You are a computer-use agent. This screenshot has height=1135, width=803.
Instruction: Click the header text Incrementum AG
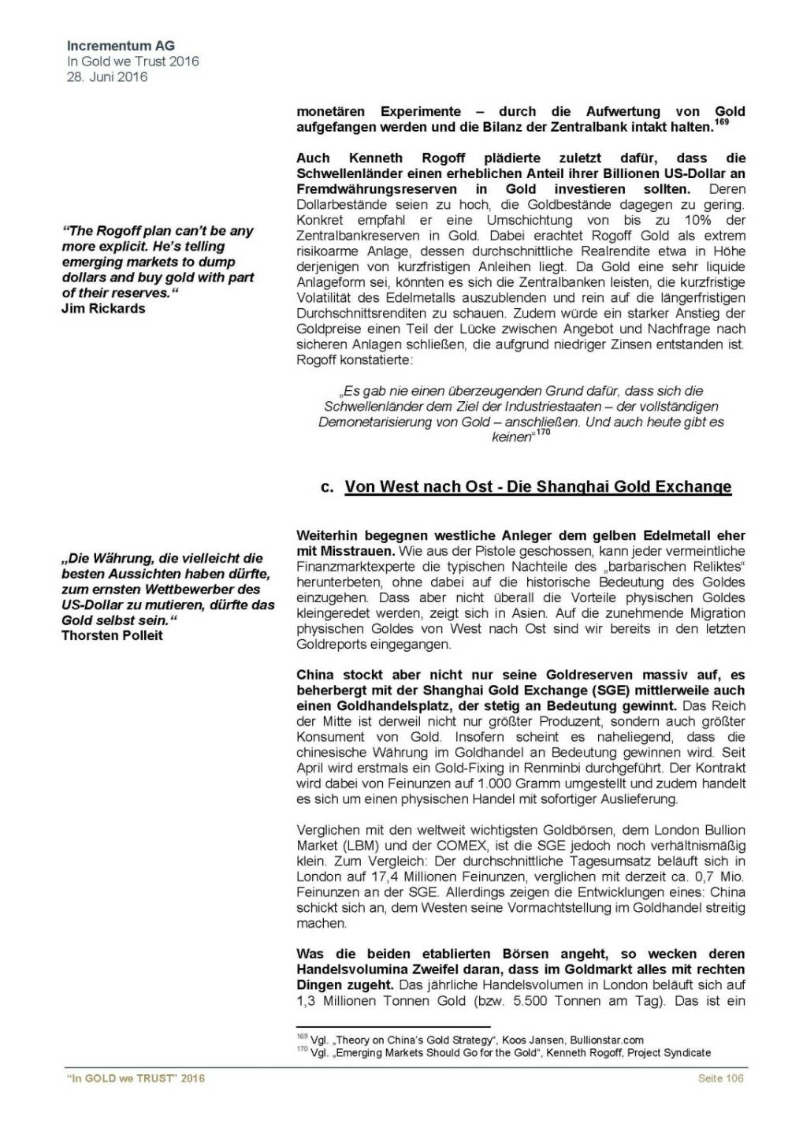[121, 47]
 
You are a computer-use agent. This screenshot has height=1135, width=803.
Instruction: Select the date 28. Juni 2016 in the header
[107, 76]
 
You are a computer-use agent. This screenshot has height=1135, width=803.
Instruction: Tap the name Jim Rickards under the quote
[103, 308]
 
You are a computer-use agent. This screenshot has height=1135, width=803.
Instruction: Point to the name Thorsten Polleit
[112, 635]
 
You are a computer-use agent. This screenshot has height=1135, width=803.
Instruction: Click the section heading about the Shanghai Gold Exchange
[537, 486]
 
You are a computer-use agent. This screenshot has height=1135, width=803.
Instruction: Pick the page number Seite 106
[720, 1077]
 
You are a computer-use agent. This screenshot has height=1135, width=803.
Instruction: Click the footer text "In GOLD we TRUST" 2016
[136, 1077]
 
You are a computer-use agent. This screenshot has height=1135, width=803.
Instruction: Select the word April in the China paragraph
[310, 768]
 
